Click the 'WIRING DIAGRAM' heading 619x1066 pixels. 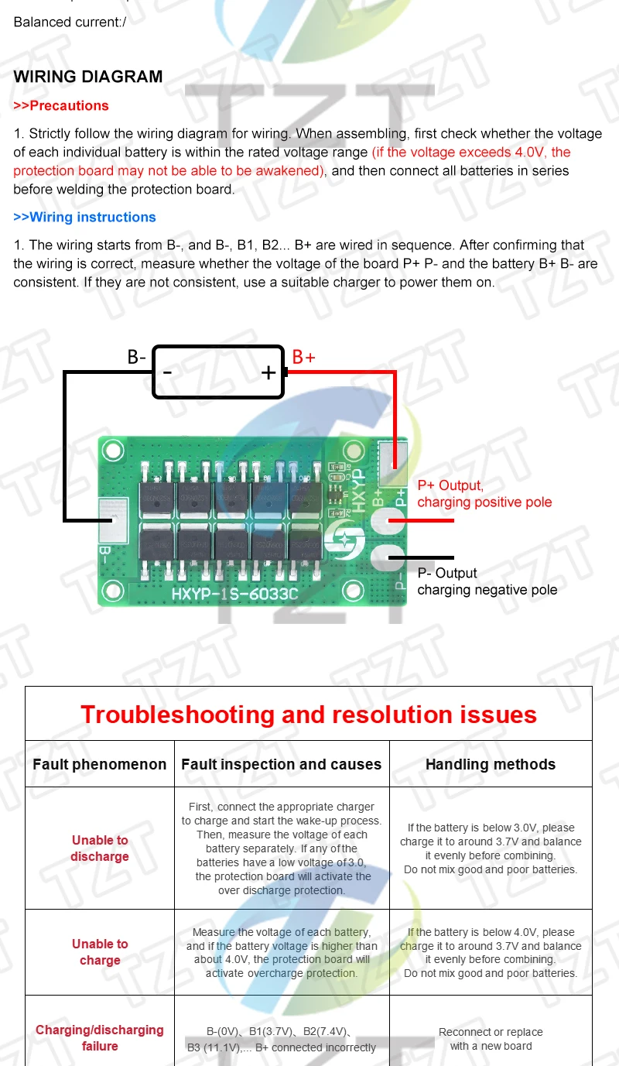click(x=88, y=77)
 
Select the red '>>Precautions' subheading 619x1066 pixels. click(x=61, y=105)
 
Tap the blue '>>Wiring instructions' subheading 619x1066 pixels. click(x=84, y=217)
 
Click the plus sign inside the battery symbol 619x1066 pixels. click(x=268, y=372)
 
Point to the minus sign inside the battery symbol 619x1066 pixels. click(x=167, y=372)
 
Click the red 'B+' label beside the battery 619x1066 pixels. click(x=303, y=357)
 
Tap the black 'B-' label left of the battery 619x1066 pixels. click(x=137, y=357)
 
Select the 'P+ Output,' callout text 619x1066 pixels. click(x=450, y=485)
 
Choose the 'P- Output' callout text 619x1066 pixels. click(x=447, y=573)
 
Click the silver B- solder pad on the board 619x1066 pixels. click(x=113, y=520)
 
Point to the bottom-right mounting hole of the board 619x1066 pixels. click(x=353, y=591)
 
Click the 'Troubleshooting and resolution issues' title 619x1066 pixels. click(x=309, y=714)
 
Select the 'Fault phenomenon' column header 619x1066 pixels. click(x=99, y=764)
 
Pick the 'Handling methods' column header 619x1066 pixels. click(x=491, y=764)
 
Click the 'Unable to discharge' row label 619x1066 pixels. click(x=100, y=848)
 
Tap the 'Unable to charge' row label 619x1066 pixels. click(x=100, y=952)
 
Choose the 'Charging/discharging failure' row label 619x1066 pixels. click(x=100, y=1038)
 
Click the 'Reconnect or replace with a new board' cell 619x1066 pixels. click(x=491, y=1039)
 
